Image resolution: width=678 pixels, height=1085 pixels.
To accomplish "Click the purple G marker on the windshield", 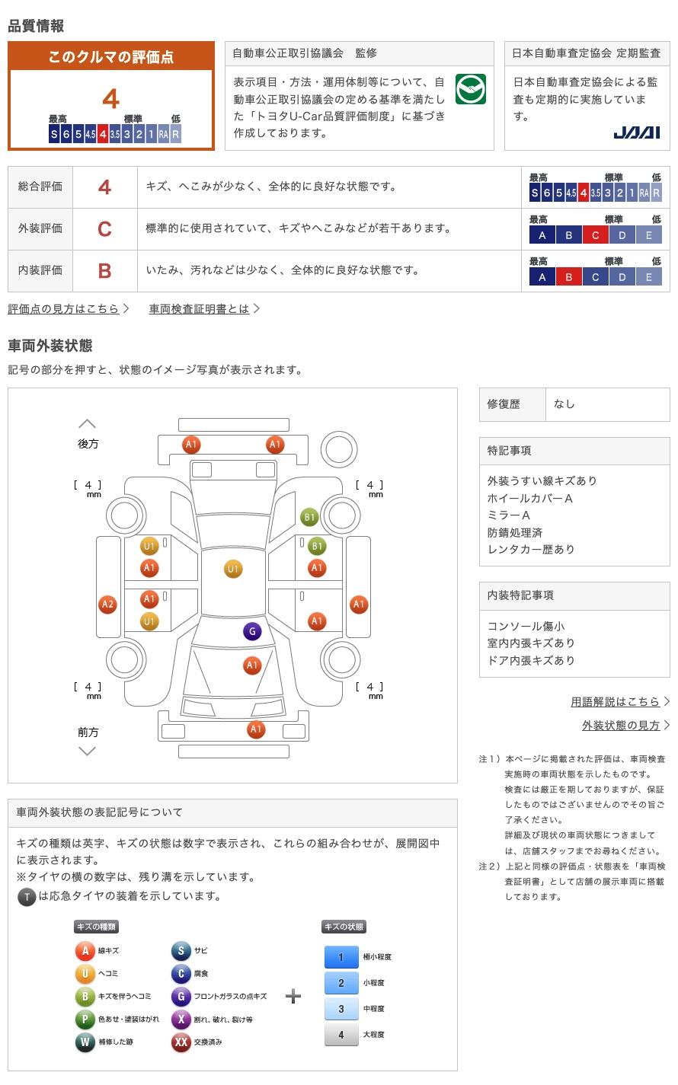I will [x=252, y=631].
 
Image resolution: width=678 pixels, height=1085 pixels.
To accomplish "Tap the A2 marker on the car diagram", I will [x=108, y=605].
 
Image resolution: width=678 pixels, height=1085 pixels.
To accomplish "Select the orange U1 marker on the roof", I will [x=233, y=569].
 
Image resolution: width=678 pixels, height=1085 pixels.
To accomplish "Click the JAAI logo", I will [x=636, y=133].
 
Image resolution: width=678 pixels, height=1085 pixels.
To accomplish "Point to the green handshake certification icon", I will [x=470, y=90].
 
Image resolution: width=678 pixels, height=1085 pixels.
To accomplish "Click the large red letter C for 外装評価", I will [x=104, y=229].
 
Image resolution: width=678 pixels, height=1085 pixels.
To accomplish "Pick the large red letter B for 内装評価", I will [x=104, y=271].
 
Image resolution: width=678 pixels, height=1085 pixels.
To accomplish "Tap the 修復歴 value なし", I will [x=564, y=404].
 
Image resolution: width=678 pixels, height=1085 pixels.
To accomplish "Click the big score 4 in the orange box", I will [x=111, y=99].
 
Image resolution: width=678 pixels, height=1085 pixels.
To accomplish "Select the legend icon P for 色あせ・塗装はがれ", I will [x=85, y=1020].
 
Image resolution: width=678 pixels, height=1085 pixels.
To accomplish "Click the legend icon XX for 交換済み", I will [x=181, y=1042].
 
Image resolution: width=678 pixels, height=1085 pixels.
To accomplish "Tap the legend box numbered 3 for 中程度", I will [x=341, y=1009].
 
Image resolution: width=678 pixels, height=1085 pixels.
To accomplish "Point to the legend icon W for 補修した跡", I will [x=85, y=1042].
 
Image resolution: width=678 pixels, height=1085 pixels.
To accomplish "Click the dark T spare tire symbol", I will [x=27, y=897].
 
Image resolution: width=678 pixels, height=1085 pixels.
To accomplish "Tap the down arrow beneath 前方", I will [x=88, y=752].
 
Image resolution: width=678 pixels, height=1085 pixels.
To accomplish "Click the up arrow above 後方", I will [x=88, y=424].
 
